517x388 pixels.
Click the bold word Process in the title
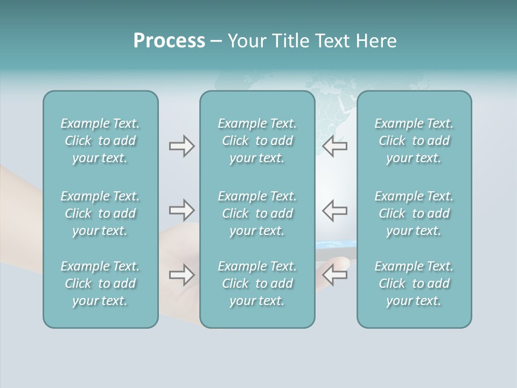[169, 41]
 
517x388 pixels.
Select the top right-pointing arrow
[181, 146]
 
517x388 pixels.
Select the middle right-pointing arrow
[181, 210]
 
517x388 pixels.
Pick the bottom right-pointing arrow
[181, 275]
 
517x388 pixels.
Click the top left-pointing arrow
[335, 146]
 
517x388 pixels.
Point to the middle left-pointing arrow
[335, 210]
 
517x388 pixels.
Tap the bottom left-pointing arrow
[335, 275]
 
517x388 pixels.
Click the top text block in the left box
[100, 141]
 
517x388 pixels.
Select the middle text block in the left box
[100, 213]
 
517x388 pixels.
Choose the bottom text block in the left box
[100, 283]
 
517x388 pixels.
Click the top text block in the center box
[257, 141]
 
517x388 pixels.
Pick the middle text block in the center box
[257, 213]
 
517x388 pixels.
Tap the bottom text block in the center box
[257, 283]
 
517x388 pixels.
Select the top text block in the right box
[414, 141]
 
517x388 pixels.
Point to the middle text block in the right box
[414, 213]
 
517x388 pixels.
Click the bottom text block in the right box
[414, 283]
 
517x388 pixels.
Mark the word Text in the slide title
[332, 41]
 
